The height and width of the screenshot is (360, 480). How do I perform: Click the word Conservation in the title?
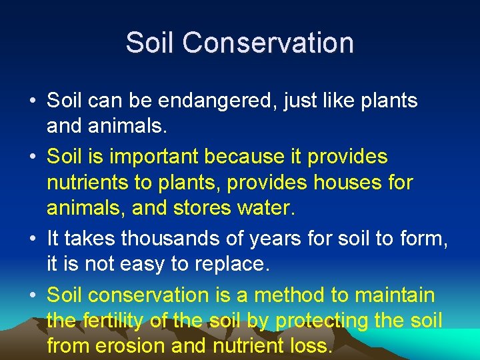[267, 43]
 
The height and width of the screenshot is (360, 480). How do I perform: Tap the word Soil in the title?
[151, 43]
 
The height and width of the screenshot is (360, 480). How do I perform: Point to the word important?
[153, 157]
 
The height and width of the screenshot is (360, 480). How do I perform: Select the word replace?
[233, 265]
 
